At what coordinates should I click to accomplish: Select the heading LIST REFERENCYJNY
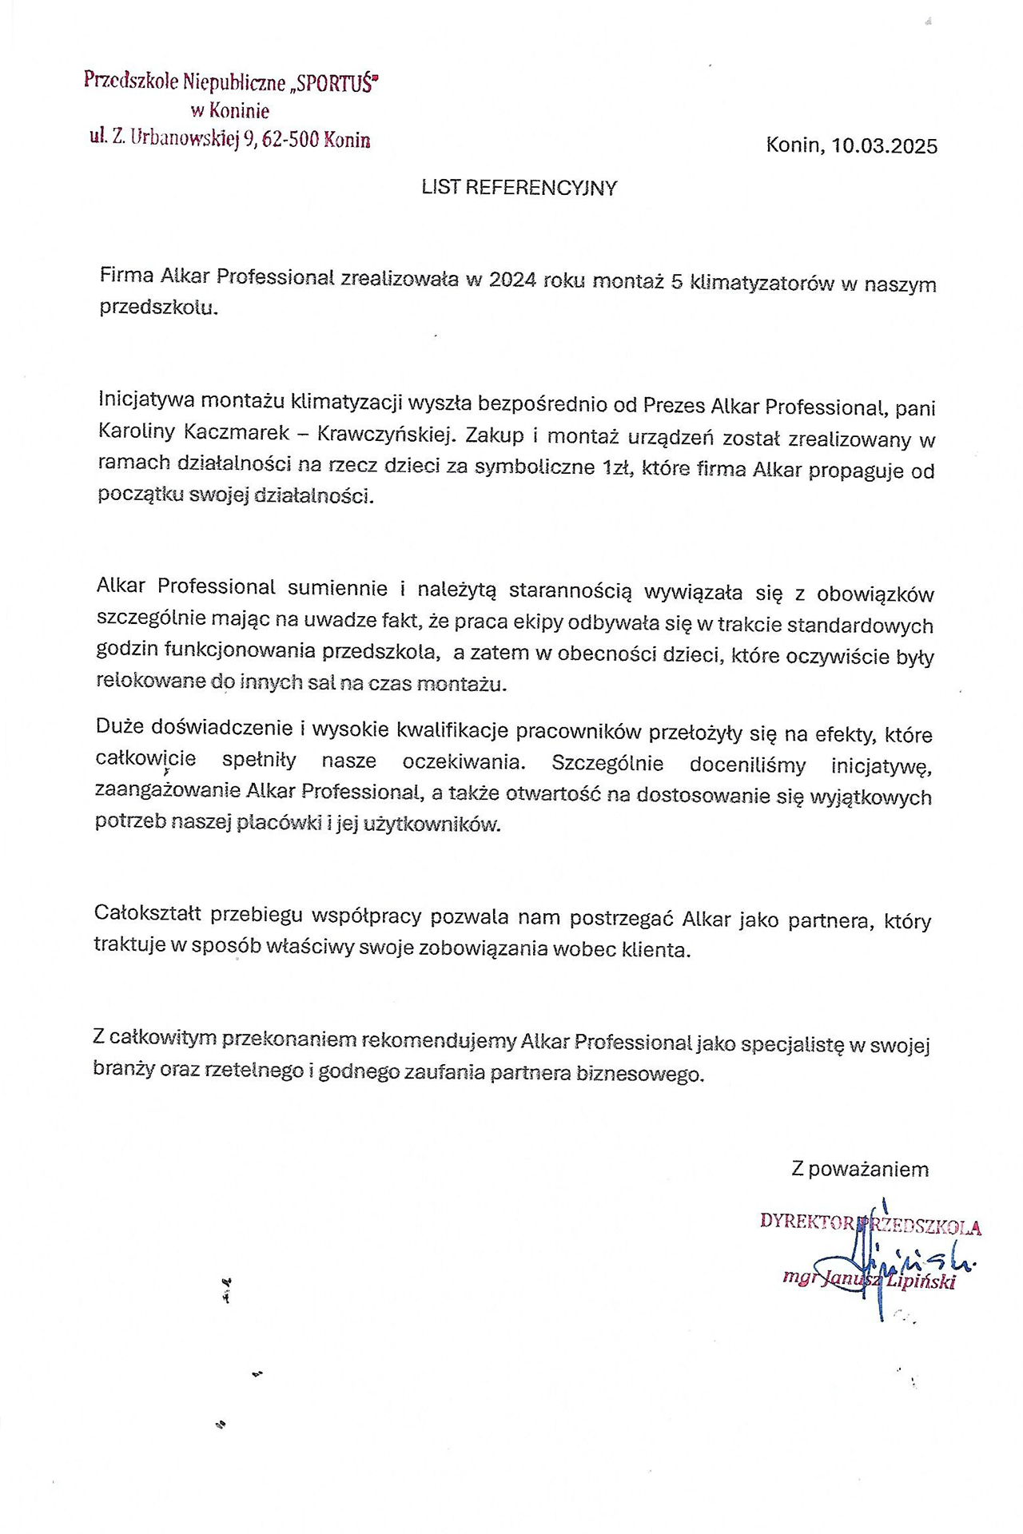(519, 188)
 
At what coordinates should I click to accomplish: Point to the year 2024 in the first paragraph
(512, 280)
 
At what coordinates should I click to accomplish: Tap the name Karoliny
(133, 431)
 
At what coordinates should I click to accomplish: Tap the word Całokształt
(148, 912)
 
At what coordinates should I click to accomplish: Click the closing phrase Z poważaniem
(860, 1170)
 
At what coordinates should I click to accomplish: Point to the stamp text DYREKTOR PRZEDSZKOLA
(870, 1223)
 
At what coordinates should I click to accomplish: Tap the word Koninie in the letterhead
(241, 111)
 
